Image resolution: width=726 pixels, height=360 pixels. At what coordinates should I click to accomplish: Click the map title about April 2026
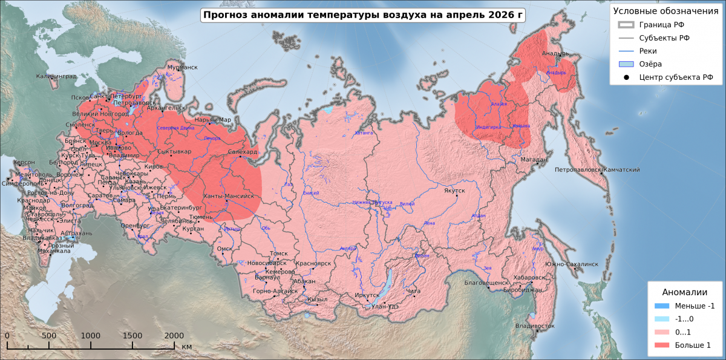tap(362, 15)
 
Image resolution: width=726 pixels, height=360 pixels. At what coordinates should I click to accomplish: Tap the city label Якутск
tap(454, 191)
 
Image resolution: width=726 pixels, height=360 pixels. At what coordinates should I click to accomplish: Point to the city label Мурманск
tap(182, 67)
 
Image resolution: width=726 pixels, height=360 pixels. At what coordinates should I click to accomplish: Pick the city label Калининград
tap(56, 76)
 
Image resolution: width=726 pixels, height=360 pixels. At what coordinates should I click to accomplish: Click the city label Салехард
tap(243, 152)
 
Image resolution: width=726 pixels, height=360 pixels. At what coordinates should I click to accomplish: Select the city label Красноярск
tap(313, 264)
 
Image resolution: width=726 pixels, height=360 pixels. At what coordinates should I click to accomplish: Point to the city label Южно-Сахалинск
tap(571, 264)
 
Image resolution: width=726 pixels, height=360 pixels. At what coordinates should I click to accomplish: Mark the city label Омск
tap(224, 249)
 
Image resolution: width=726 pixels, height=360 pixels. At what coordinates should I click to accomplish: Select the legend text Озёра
tap(650, 64)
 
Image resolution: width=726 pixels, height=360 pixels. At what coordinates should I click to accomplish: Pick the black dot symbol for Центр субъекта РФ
tap(626, 77)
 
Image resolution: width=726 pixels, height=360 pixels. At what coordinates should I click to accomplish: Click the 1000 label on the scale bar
tap(91, 336)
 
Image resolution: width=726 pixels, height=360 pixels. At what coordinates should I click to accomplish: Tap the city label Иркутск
tap(367, 295)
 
